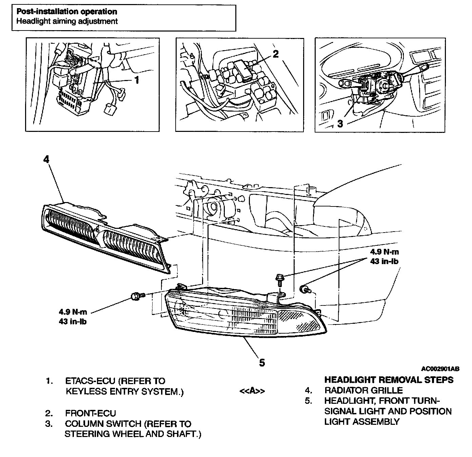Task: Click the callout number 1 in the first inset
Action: (x=137, y=80)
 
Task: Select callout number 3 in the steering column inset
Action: (x=340, y=123)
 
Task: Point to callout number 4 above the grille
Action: (x=46, y=159)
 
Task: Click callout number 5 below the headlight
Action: (x=262, y=362)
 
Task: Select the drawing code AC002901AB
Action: (x=440, y=369)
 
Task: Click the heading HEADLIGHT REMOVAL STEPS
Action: (x=389, y=379)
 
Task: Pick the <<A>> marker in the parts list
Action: (x=252, y=391)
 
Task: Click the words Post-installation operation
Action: (x=67, y=12)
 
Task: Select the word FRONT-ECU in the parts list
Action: (x=90, y=413)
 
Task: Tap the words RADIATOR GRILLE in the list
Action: (x=363, y=390)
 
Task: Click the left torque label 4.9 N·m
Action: (x=73, y=312)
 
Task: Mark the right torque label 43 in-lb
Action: (x=384, y=261)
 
